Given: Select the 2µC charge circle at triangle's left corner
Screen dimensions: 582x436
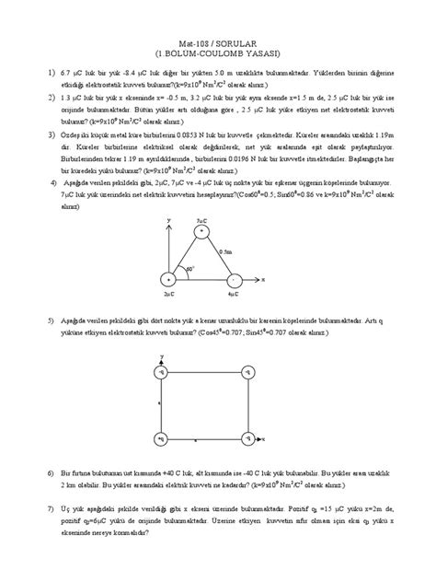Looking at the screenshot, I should tap(167, 278).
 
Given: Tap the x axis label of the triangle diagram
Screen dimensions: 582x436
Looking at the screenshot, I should tap(265, 277).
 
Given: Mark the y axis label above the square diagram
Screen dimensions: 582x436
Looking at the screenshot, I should tap(162, 355).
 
